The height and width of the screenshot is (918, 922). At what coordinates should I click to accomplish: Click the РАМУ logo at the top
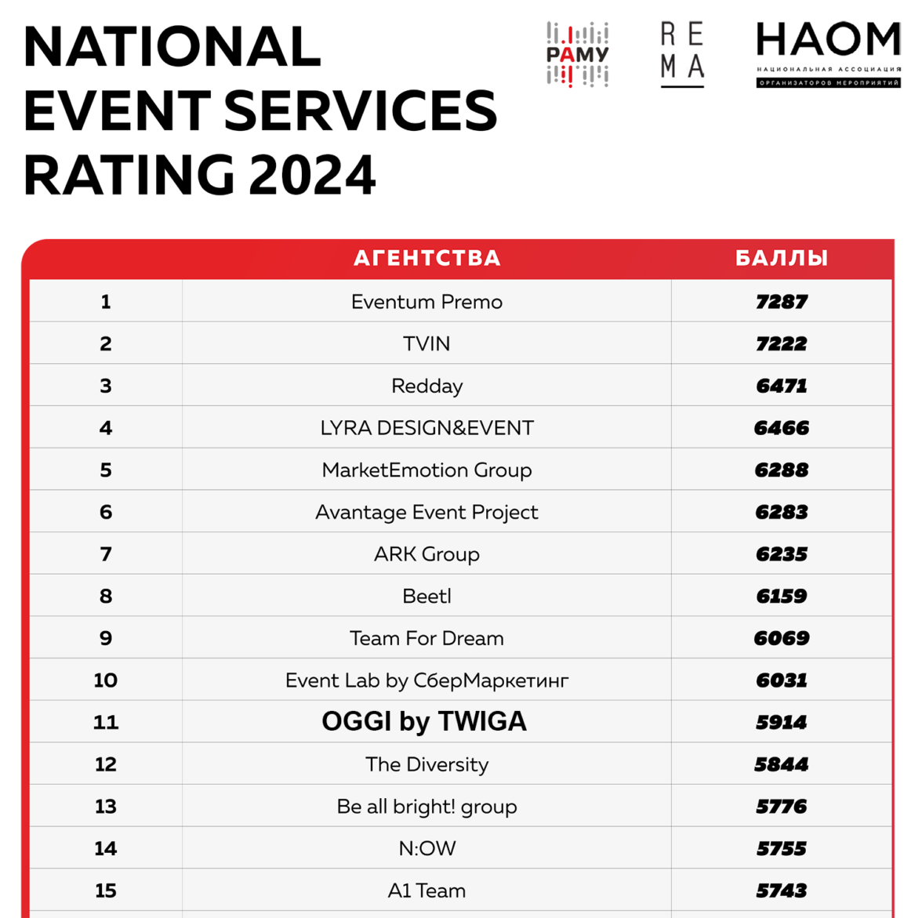pos(577,54)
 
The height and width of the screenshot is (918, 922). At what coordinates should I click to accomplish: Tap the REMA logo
pos(682,53)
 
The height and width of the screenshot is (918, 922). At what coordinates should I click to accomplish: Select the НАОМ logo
pos(828,53)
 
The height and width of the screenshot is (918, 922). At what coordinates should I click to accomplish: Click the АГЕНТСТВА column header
pos(427,258)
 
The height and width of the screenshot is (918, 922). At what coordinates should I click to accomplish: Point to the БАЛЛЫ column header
pos(782,258)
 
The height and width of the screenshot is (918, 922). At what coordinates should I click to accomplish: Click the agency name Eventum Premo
pos(427,302)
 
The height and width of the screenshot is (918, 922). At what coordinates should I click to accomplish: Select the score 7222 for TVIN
pos(782,344)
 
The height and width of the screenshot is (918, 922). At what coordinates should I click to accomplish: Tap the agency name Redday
pos(427,386)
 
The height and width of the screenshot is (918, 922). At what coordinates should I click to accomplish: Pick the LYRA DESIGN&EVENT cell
pos(427,428)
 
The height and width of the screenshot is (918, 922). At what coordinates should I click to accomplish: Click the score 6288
pos(782,470)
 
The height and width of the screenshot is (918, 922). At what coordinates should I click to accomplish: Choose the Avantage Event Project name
pos(427,512)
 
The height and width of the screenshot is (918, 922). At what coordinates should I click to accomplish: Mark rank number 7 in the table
pos(106,554)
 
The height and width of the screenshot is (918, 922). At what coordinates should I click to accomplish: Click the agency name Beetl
pos(427,597)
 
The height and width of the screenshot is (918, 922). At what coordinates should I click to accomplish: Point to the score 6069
pos(782,638)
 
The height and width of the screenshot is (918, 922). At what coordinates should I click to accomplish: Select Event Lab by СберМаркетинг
pos(427,680)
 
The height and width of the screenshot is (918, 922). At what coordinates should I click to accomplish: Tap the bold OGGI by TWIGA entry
pos(424,722)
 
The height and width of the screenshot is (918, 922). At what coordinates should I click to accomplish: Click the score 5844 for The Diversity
pos(782,764)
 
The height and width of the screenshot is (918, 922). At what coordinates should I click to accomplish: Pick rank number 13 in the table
pos(106,807)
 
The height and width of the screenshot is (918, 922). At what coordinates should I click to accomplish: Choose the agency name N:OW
pos(427,848)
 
